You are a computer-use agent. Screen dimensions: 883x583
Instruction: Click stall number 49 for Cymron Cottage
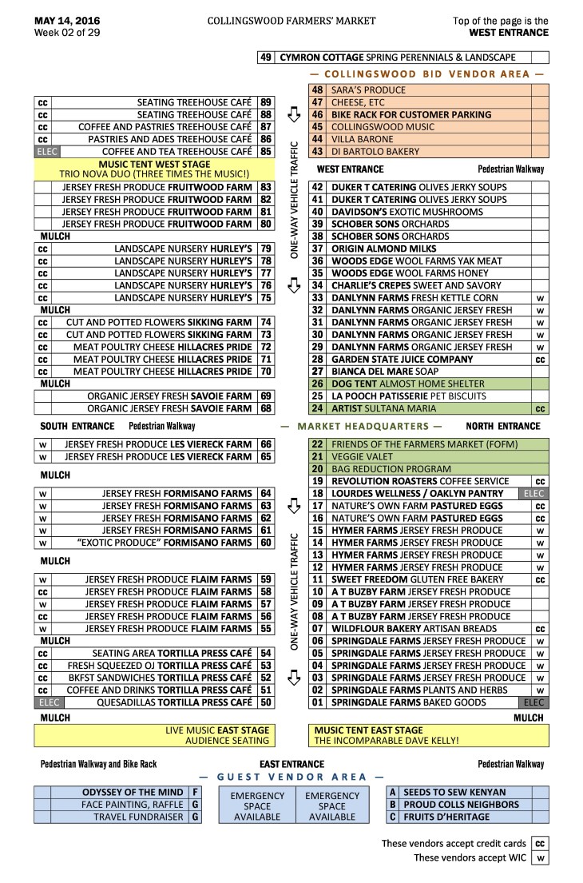click(266, 58)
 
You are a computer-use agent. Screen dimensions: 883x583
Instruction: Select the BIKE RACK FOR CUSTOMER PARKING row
click(411, 114)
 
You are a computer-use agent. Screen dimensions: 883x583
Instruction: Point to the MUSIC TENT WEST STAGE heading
click(153, 164)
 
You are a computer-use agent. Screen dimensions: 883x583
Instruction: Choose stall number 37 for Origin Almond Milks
click(316, 249)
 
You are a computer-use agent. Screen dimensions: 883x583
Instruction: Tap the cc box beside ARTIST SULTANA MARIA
click(540, 408)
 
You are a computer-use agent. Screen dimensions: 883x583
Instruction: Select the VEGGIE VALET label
click(359, 456)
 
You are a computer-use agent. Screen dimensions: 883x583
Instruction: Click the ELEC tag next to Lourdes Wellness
click(533, 494)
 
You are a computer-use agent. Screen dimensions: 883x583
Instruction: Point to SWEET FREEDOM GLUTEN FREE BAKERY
click(417, 579)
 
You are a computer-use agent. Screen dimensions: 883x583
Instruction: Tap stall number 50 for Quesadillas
click(266, 702)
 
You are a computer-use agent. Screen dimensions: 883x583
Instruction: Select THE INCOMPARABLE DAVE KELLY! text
click(387, 741)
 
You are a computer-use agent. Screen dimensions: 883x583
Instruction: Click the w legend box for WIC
click(541, 857)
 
